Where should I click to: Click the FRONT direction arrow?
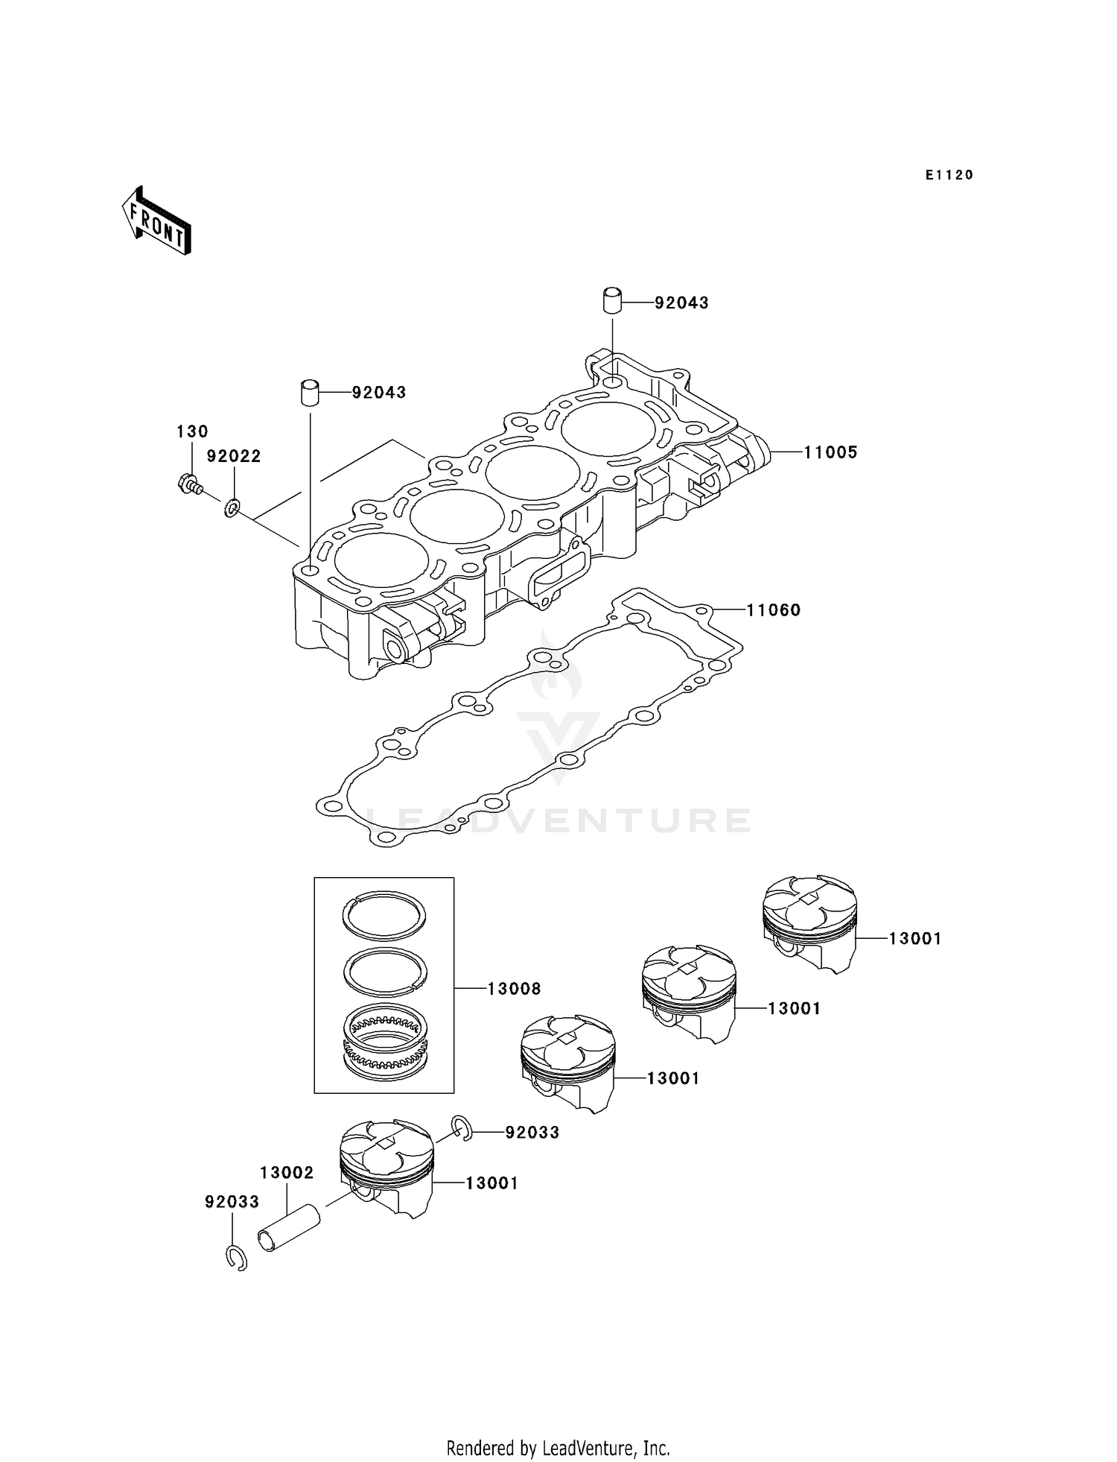point(156,221)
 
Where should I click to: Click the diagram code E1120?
point(949,175)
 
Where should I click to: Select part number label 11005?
point(830,452)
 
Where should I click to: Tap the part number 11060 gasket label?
point(773,610)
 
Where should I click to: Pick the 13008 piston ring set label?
point(514,989)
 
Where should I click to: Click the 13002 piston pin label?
point(287,1172)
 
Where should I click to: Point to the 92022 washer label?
point(234,456)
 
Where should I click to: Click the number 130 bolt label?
point(192,431)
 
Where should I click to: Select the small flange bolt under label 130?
point(191,485)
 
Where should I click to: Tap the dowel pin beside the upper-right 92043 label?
point(612,301)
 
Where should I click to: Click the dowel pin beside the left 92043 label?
point(310,392)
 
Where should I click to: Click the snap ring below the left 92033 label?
point(236,1258)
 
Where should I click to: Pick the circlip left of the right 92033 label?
point(461,1129)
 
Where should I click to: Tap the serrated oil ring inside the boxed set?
point(385,1038)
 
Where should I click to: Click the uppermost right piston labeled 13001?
point(809,923)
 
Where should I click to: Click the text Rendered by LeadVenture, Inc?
point(558,1448)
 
